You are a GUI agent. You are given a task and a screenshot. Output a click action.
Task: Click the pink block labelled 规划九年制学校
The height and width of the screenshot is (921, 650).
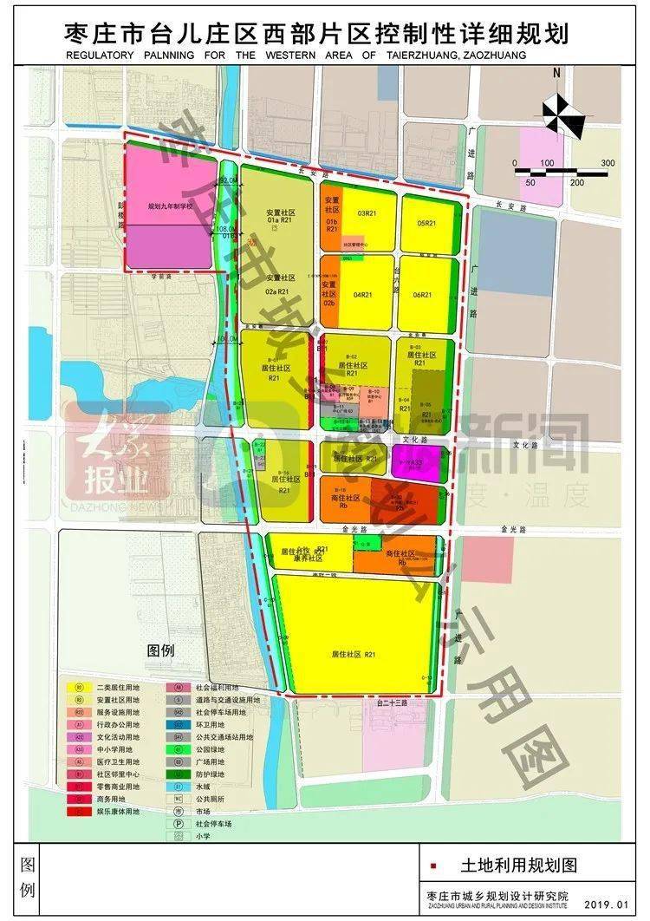(x=170, y=207)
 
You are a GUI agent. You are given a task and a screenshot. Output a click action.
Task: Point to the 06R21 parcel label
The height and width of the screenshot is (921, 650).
(x=423, y=296)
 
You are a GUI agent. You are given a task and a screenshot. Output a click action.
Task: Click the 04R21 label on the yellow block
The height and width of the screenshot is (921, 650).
(x=362, y=296)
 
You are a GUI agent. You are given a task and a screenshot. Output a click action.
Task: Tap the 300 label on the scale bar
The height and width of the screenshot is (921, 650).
(x=608, y=163)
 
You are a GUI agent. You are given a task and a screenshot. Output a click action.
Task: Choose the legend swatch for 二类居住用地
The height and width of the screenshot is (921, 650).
(x=79, y=687)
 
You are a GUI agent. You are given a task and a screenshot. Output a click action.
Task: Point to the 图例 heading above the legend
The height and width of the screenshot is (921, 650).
(x=161, y=650)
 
